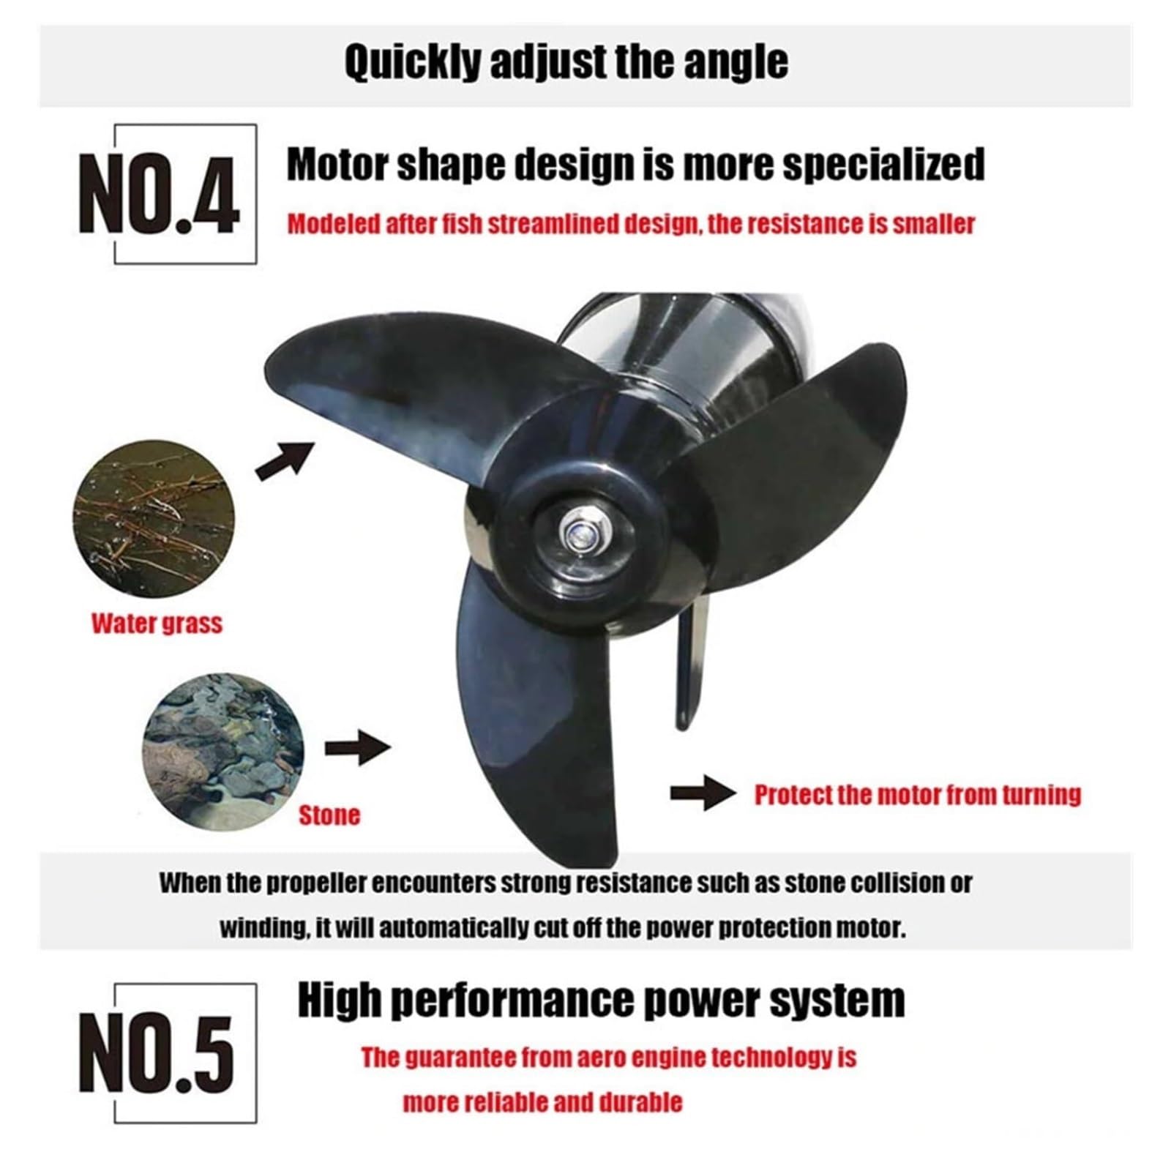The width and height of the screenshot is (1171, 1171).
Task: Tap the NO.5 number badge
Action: pyautogui.click(x=157, y=1054)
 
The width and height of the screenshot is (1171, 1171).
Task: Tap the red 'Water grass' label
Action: pyautogui.click(x=157, y=624)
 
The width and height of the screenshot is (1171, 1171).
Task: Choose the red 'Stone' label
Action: pyautogui.click(x=329, y=815)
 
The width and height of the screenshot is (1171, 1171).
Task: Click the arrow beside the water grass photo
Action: pyautogui.click(x=285, y=460)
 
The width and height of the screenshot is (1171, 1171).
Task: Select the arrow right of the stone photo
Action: pyautogui.click(x=358, y=749)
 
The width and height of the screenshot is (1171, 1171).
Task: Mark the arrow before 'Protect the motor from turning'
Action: pyautogui.click(x=703, y=794)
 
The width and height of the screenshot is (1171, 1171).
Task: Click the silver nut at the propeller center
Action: pyautogui.click(x=578, y=530)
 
